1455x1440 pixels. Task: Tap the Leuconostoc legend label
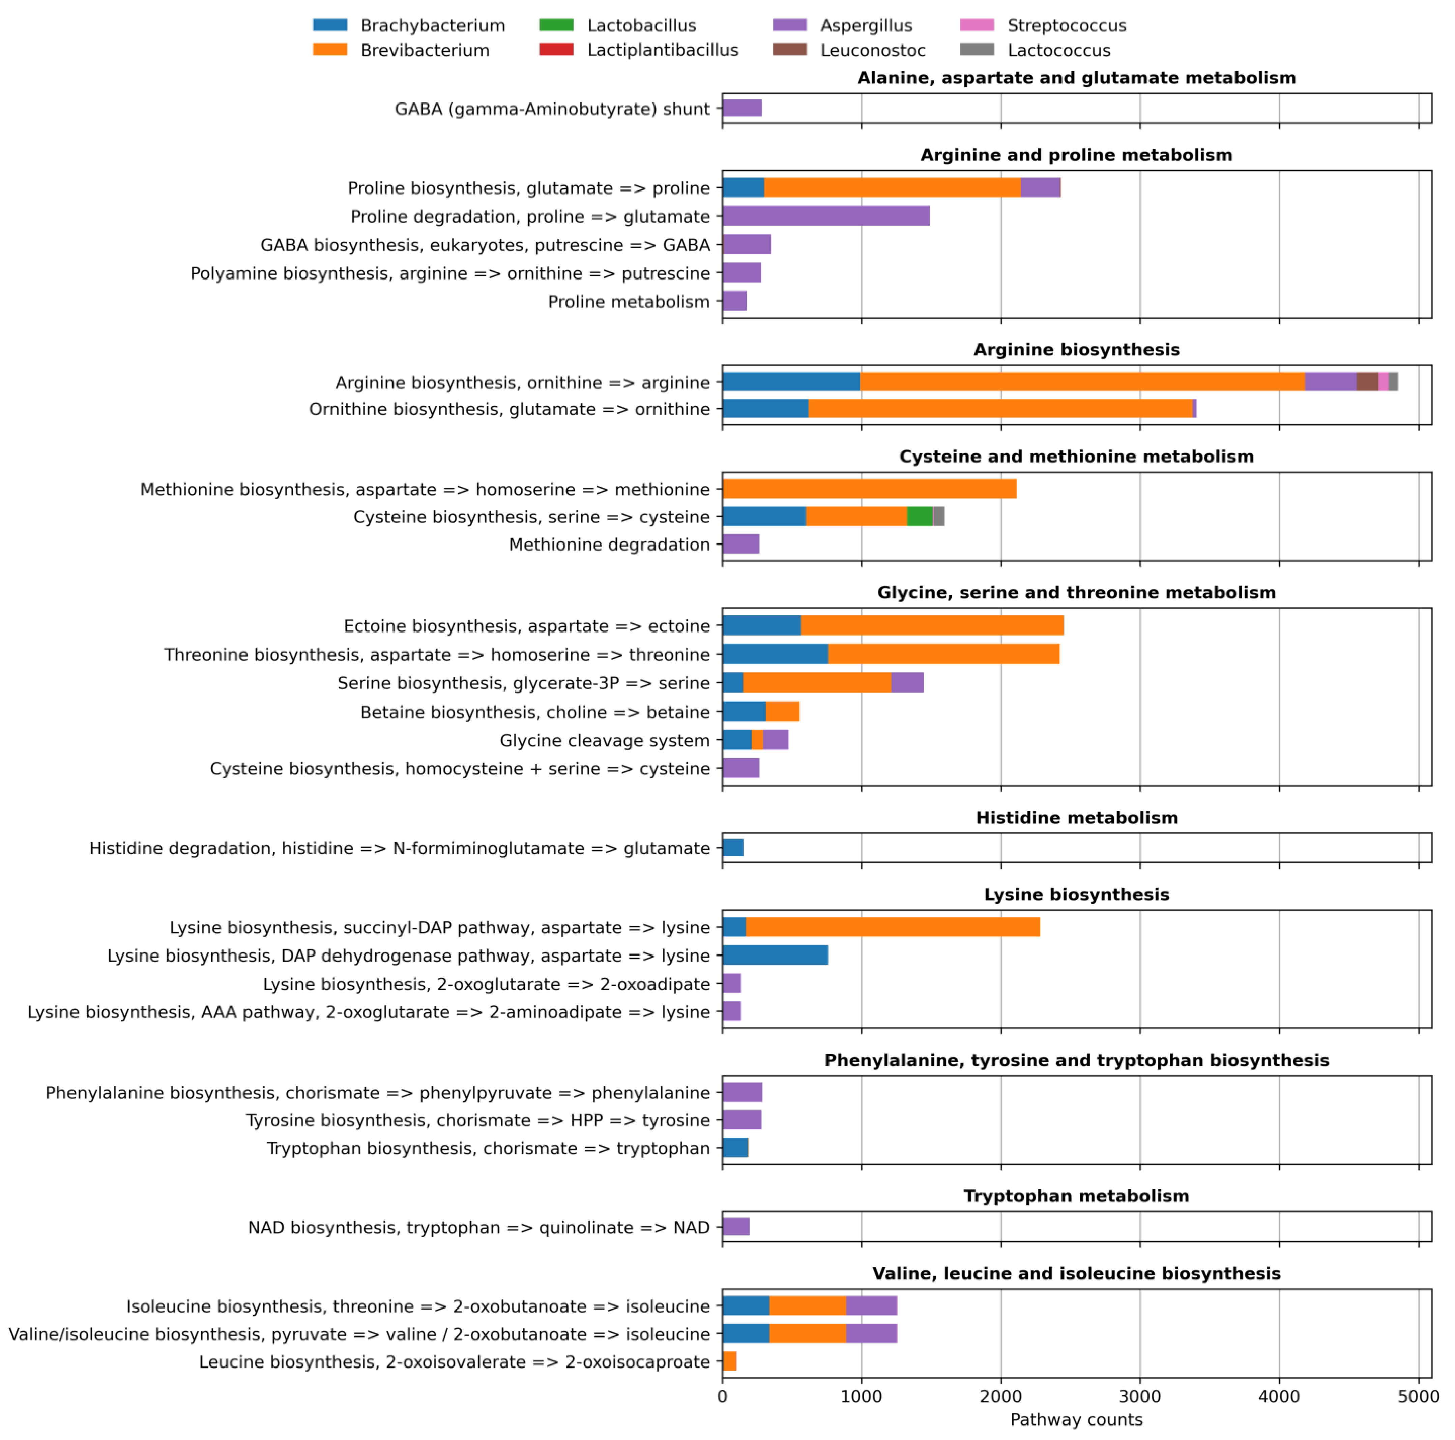[872, 51]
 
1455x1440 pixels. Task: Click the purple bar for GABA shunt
[742, 108]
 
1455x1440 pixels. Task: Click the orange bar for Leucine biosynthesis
[729, 1361]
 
